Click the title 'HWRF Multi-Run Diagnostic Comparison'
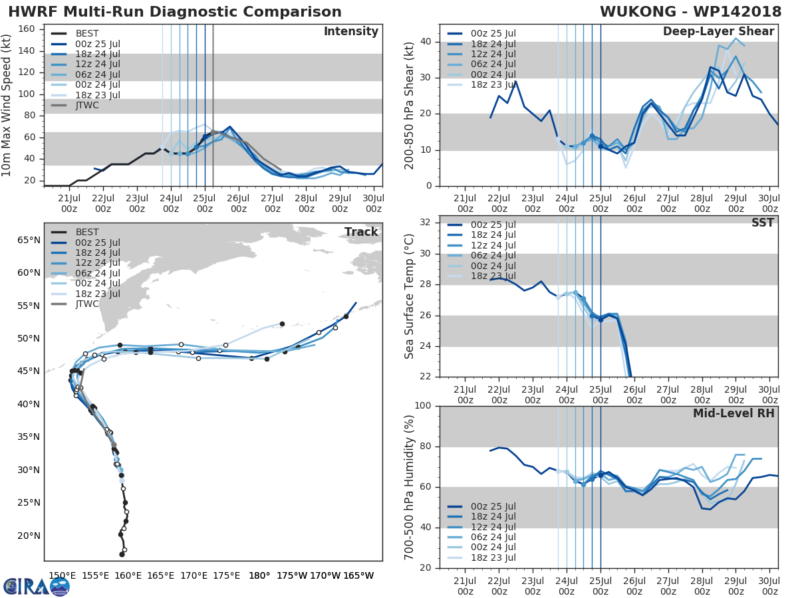point(175,12)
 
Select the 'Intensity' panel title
point(350,32)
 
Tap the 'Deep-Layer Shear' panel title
point(718,32)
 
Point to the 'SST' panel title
point(762,223)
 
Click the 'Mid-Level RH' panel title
point(733,413)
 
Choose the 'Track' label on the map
point(361,232)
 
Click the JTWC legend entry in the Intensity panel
point(88,105)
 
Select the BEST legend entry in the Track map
point(87,232)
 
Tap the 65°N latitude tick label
point(29,240)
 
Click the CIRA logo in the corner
point(37,586)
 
